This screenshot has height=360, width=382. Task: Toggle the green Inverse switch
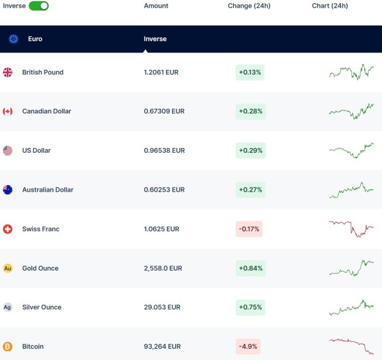coord(39,6)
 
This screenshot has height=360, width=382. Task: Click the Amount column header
coord(156,6)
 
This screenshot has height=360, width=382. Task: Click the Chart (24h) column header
coord(329,6)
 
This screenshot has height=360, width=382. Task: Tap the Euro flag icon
coord(14,39)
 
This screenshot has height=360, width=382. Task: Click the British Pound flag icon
coord(8,72)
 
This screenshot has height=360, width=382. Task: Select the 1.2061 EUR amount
coord(161,72)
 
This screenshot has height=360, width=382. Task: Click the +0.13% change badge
coord(250,72)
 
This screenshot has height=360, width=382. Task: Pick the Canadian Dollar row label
coord(47,111)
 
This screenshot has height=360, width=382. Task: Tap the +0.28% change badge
coord(250,111)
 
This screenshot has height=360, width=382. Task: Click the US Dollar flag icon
coord(8,150)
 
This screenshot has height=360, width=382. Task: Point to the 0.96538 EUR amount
coord(164,150)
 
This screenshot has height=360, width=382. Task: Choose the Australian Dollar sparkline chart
coord(351,190)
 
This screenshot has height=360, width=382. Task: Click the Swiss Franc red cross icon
coord(8,229)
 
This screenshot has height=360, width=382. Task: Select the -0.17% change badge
coord(249,229)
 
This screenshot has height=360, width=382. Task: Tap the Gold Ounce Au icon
coord(8,269)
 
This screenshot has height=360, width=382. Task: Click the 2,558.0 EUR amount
coord(163,269)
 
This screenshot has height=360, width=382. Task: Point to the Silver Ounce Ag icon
coord(8,307)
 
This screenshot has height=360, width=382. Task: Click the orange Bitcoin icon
coord(8,347)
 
